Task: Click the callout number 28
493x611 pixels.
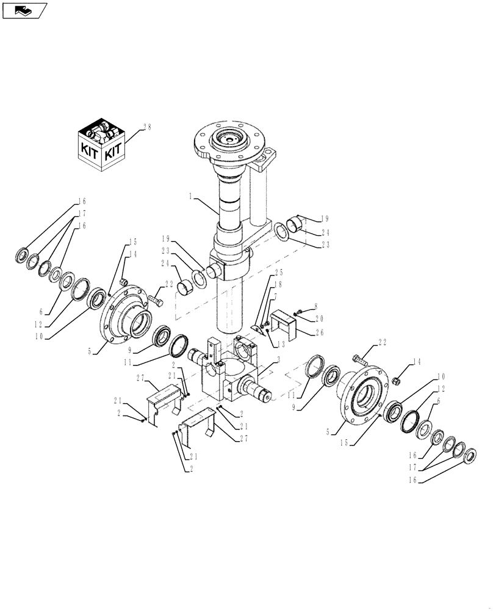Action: click(146, 127)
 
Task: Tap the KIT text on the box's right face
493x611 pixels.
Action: click(113, 152)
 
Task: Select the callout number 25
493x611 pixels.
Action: click(279, 272)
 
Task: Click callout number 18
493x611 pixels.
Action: click(278, 284)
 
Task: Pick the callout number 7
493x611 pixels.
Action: click(275, 296)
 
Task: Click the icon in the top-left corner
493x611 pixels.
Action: click(24, 10)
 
